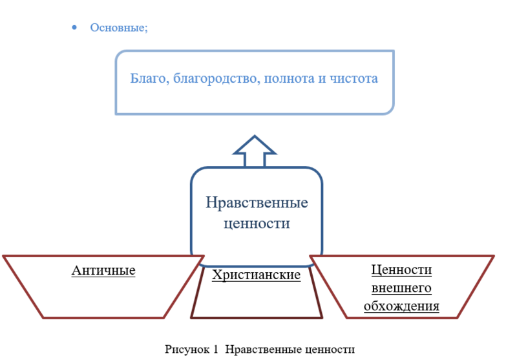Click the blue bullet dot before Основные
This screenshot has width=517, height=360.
[x=74, y=28]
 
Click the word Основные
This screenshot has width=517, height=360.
[x=118, y=28]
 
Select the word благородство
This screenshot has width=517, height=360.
[x=216, y=79]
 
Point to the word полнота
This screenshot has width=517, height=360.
[x=289, y=78]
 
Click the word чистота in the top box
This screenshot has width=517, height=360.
[x=353, y=78]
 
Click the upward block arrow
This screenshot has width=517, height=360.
[x=255, y=151]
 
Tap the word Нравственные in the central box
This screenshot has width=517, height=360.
[x=257, y=203]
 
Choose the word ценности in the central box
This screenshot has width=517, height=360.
[x=257, y=224]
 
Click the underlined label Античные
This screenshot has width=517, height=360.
[x=103, y=270]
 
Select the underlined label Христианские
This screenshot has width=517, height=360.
[x=256, y=275]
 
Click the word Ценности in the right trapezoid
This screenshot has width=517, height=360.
[x=401, y=270]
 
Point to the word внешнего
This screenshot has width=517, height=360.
[x=401, y=288]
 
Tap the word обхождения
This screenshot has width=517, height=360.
[x=401, y=306]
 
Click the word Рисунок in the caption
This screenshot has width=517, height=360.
[x=187, y=349]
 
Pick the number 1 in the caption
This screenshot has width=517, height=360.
[x=216, y=349]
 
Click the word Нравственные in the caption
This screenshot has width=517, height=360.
[x=264, y=349]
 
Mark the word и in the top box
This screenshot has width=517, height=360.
[x=322, y=79]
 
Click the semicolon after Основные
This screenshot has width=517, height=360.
[x=147, y=29]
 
